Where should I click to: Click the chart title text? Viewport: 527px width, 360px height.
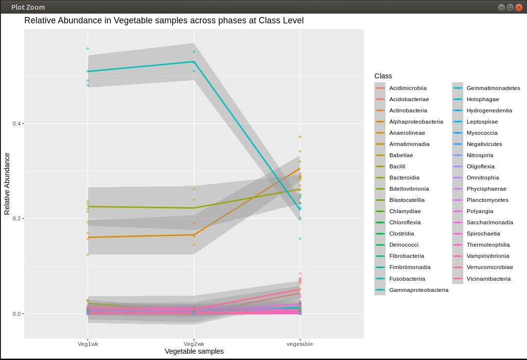pyautogui.click(x=164, y=21)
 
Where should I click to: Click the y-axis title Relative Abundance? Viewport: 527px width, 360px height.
pyautogui.click(x=7, y=183)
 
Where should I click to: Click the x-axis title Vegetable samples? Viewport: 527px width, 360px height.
pyautogui.click(x=194, y=351)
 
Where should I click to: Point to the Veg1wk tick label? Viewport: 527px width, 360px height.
pyautogui.click(x=88, y=344)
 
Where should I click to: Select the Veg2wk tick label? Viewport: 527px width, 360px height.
pyautogui.click(x=194, y=344)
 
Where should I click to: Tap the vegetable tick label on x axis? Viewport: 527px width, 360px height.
pyautogui.click(x=300, y=344)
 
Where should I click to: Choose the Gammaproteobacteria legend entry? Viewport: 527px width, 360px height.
pyautogui.click(x=419, y=290)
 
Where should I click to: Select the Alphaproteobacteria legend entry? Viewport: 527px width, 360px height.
pyautogui.click(x=416, y=122)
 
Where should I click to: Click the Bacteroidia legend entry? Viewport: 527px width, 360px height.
pyautogui.click(x=404, y=178)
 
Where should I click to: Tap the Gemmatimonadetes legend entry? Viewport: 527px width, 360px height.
pyautogui.click(x=493, y=88)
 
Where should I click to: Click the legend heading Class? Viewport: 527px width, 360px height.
pyautogui.click(x=383, y=76)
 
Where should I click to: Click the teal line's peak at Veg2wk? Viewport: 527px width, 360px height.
pyautogui.click(x=194, y=62)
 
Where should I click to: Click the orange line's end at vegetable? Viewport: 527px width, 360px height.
pyautogui.click(x=300, y=168)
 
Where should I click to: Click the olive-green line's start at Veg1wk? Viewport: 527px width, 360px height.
pyautogui.click(x=88, y=206)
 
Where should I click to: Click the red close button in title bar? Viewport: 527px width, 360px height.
pyautogui.click(x=518, y=7)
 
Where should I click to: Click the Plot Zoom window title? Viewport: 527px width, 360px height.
pyautogui.click(x=28, y=7)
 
